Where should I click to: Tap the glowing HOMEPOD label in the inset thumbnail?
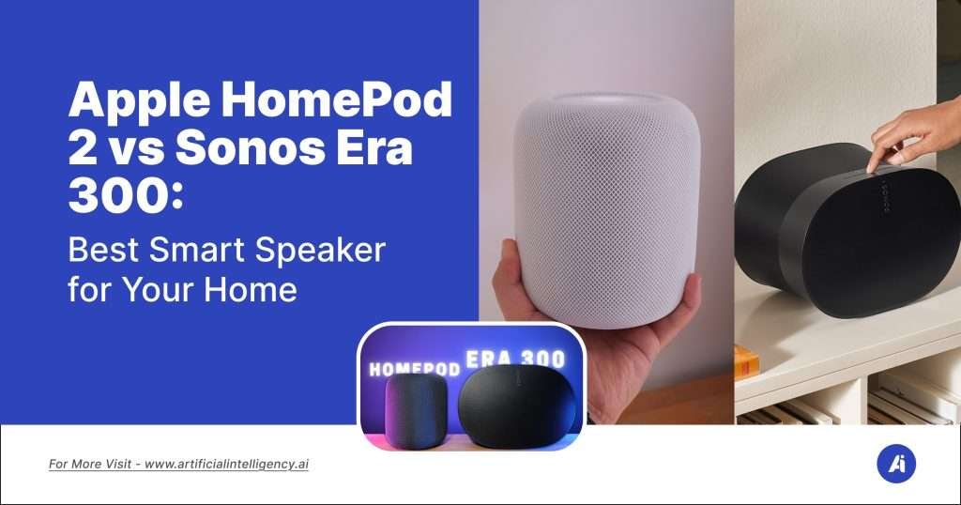414,369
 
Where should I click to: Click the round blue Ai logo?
895,465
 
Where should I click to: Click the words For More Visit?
93,465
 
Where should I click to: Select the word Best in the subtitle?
105,252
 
